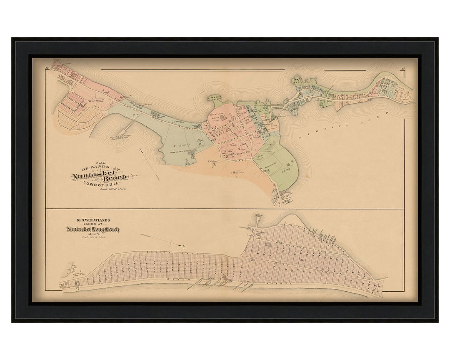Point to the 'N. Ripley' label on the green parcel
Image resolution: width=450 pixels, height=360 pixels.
(x=179, y=146)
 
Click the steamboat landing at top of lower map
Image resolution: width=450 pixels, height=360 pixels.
(x=254, y=217)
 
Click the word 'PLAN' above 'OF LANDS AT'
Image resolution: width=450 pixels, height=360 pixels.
(x=101, y=163)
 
